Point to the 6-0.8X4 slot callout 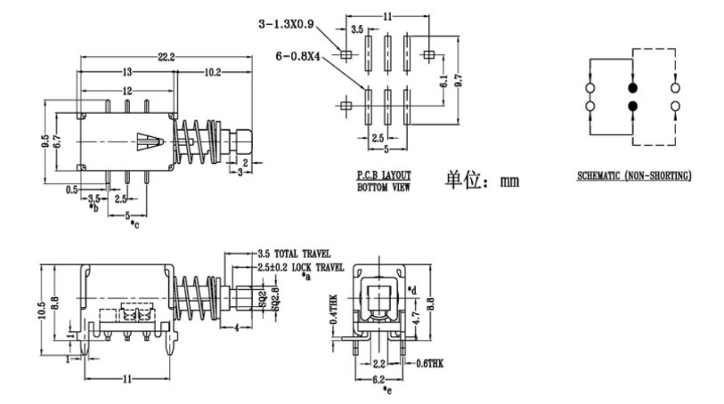coord(301,56)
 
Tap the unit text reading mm coord(509,182)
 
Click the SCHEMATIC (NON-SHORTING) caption coord(633,176)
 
